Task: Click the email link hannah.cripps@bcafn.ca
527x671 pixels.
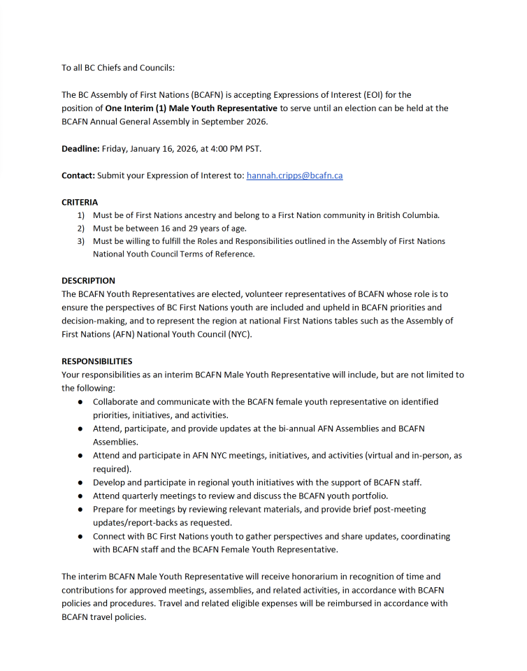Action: tap(294, 176)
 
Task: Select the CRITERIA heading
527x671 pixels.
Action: tap(80, 202)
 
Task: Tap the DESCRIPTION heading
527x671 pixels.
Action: tap(88, 281)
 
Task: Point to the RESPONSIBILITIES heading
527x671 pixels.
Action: tap(96, 361)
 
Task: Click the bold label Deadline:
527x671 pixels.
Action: tap(80, 149)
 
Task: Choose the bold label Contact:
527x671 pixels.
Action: tap(78, 176)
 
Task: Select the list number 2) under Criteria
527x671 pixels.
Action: tap(81, 229)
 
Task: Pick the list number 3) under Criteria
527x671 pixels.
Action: tap(81, 241)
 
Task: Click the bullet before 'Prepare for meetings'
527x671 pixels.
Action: tap(80, 510)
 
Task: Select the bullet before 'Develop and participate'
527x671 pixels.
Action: tap(80, 482)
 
